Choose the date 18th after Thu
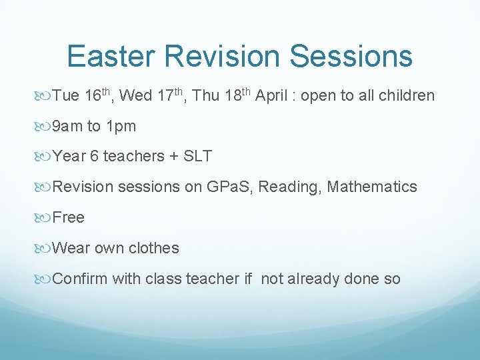coord(237,95)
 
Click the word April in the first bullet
coord(272,96)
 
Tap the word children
coord(406,96)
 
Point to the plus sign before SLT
coord(173,157)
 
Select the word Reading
coord(287,188)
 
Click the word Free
coord(68,218)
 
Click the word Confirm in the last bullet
coord(79,279)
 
